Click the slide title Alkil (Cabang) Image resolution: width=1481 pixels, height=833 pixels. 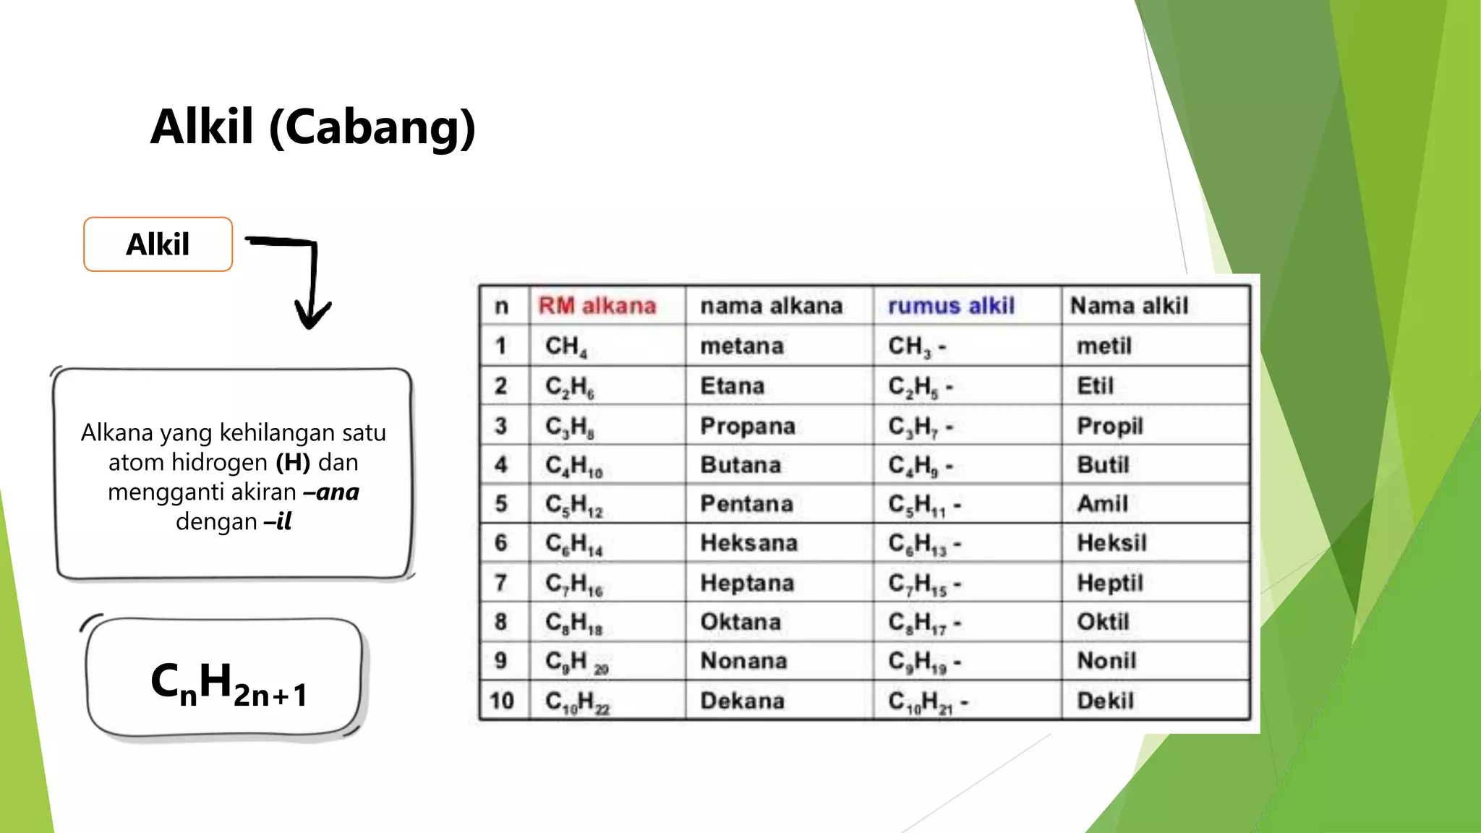312,128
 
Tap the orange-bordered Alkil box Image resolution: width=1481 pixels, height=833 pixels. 158,244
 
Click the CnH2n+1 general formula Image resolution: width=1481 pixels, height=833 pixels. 229,683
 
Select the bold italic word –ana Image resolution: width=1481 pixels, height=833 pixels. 332,492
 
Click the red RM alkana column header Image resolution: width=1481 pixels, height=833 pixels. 597,306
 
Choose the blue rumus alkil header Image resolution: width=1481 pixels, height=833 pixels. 951,306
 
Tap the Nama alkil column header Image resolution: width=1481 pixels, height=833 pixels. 1129,306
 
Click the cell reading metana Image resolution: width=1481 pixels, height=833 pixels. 741,346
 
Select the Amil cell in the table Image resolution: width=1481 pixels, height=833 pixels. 1102,503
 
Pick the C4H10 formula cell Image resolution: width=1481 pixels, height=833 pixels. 573,465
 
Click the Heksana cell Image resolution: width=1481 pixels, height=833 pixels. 748,543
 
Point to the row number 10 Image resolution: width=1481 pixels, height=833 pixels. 501,701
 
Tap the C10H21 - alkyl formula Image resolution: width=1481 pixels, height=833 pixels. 927,701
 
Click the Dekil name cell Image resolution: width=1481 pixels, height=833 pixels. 1105,701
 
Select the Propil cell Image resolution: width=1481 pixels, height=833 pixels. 1109,426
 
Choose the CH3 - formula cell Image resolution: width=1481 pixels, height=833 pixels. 916,346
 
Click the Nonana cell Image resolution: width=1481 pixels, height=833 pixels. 743,661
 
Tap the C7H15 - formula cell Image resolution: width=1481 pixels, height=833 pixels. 924,584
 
